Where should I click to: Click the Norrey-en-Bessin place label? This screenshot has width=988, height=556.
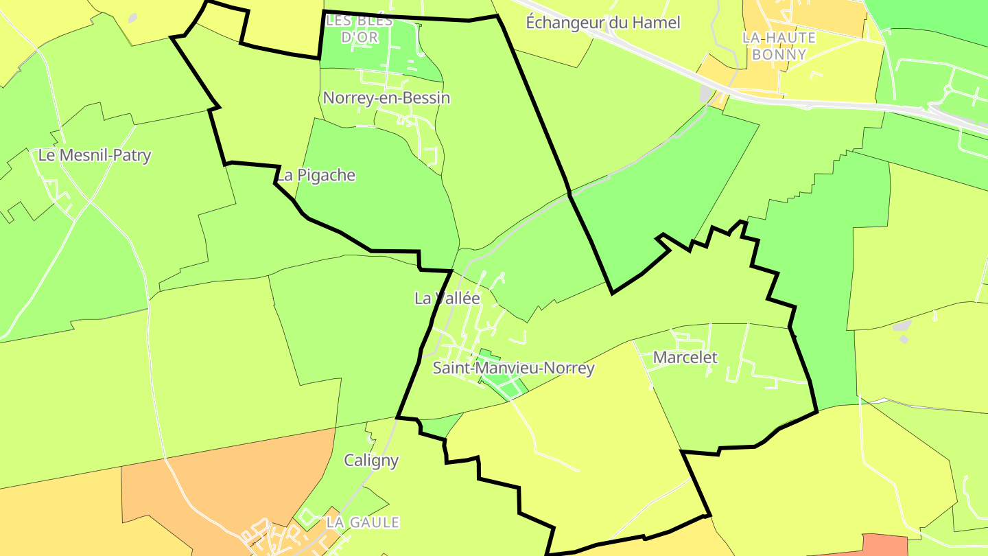click(x=386, y=98)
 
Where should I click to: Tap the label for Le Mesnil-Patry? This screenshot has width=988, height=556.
click(x=94, y=155)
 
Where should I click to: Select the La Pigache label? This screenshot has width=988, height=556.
click(x=316, y=176)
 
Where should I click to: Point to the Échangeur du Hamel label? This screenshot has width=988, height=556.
click(x=602, y=23)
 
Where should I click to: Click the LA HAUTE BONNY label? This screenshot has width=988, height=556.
click(x=779, y=45)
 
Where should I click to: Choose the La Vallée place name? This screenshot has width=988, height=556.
click(x=447, y=299)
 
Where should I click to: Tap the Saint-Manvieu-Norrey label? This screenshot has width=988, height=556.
click(x=513, y=369)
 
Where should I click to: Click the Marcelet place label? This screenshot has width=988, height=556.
click(x=685, y=358)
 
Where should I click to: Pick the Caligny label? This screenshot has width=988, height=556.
click(x=371, y=460)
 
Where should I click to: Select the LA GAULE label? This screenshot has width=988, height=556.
click(x=362, y=522)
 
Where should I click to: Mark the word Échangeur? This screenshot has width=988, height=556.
click(x=565, y=23)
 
